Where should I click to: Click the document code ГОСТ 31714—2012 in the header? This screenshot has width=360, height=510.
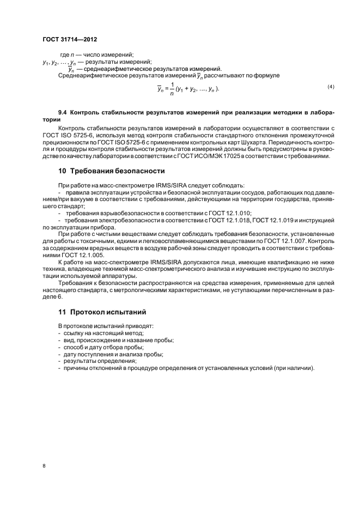coord(70,40)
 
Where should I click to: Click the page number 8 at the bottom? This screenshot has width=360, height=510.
coord(44,466)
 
